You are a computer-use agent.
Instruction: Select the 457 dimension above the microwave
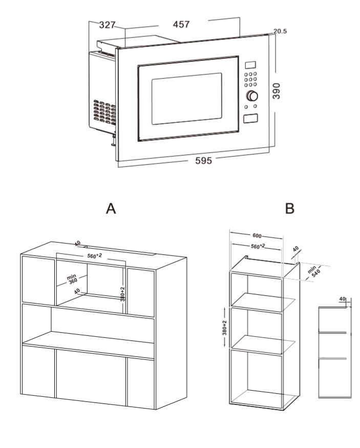(x=182, y=25)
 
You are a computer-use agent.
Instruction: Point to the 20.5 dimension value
(x=280, y=32)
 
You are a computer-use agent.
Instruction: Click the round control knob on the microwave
(x=252, y=96)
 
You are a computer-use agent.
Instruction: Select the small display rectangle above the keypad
(x=250, y=66)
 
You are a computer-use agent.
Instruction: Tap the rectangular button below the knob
(x=250, y=119)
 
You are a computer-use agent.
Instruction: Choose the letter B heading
(x=290, y=209)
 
